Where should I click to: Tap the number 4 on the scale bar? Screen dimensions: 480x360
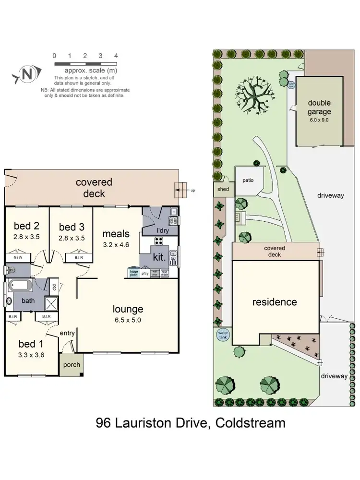[x=116, y=56]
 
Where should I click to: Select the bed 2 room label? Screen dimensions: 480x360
[x=26, y=226]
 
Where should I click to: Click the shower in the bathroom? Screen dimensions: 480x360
[x=50, y=302]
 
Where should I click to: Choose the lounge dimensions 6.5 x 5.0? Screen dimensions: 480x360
[x=128, y=320]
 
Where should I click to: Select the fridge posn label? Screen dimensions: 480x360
[x=133, y=273]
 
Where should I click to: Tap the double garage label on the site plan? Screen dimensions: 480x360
[x=319, y=108]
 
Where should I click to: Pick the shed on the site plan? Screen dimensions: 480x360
[x=223, y=190]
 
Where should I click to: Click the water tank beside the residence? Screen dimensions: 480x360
[x=222, y=334]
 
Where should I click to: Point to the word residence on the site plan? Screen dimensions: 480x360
[x=275, y=302]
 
